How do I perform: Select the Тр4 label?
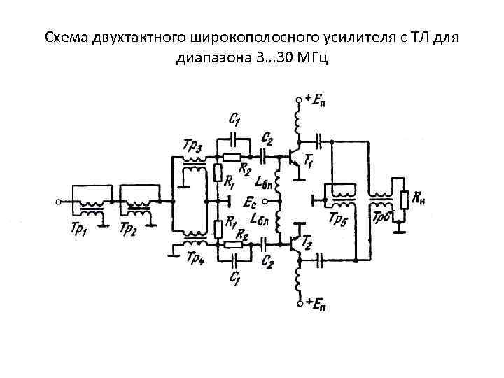pyautogui.click(x=195, y=260)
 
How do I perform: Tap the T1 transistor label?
pyautogui.click(x=308, y=162)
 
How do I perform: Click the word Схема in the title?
pyautogui.click(x=66, y=36)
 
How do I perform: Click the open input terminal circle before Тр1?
pyautogui.click(x=58, y=201)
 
